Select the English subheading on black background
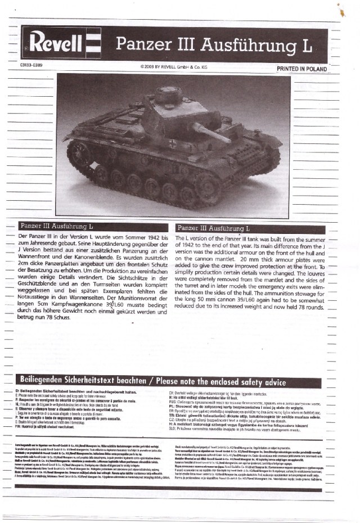pos(214,228)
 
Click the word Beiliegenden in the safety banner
pos(48,381)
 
